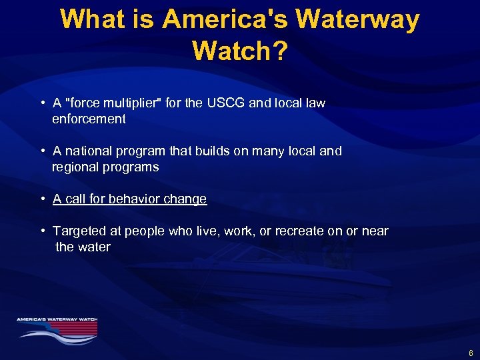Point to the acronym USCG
click(229, 103)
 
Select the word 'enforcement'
click(89, 119)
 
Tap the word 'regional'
click(77, 167)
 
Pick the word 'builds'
click(213, 151)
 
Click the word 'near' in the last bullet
click(374, 231)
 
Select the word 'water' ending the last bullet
click(94, 247)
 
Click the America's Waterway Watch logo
click(57, 327)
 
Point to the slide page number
click(471, 353)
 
